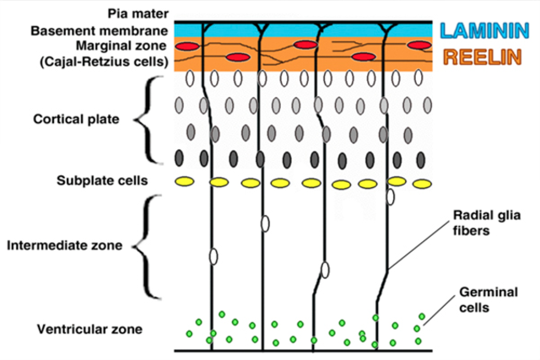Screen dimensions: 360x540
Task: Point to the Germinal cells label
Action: [x=484, y=299]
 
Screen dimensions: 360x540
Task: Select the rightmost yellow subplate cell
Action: [x=419, y=182]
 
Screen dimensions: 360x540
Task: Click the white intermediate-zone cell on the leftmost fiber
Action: [x=213, y=256]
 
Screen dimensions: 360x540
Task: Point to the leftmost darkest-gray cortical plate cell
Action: [x=179, y=158]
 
